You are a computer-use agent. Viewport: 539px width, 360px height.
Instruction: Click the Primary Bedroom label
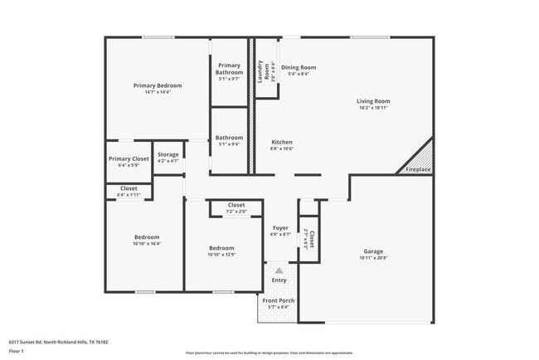[158, 85]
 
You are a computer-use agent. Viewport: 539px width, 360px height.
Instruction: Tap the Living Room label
[373, 101]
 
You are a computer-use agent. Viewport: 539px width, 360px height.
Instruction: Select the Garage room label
[373, 251]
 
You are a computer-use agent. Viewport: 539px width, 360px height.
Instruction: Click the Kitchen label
[282, 143]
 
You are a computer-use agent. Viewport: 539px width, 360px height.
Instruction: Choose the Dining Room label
[299, 67]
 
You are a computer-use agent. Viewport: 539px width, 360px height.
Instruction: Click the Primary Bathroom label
[230, 69]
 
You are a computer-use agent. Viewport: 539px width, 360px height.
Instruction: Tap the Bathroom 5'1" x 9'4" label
[230, 138]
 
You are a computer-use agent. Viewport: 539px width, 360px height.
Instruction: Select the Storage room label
[168, 155]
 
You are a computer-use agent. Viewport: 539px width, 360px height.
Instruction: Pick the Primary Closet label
[129, 158]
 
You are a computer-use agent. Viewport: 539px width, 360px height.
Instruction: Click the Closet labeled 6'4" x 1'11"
[129, 188]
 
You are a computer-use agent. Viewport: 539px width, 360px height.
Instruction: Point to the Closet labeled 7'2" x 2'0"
[236, 205]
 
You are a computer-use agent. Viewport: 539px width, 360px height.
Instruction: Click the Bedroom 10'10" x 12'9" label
[221, 248]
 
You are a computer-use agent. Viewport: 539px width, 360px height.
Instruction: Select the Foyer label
[279, 228]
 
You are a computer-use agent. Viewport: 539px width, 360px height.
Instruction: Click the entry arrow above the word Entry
[279, 270]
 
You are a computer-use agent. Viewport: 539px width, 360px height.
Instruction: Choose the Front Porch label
[279, 300]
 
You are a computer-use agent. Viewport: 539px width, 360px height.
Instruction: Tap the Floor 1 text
[17, 351]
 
